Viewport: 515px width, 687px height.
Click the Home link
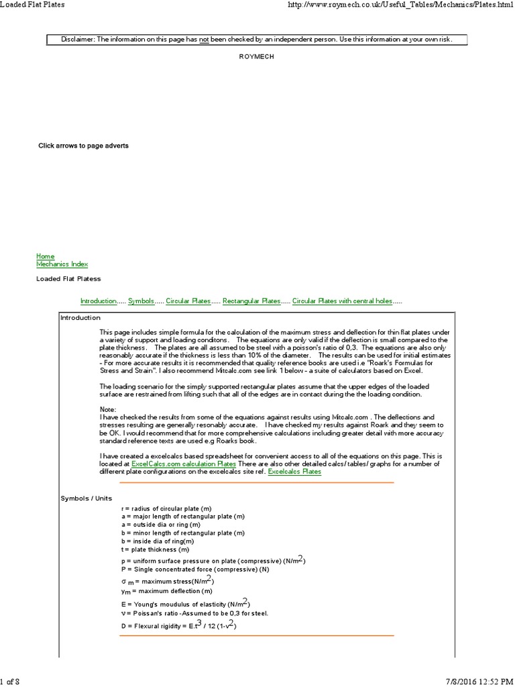(45, 256)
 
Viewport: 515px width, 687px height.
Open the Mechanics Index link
(62, 264)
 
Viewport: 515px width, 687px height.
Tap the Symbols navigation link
(141, 301)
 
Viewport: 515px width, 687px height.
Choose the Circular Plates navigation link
(188, 301)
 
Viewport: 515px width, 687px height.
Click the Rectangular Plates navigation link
(251, 301)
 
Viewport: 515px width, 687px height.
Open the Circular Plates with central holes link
(342, 301)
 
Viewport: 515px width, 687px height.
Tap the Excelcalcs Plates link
(294, 472)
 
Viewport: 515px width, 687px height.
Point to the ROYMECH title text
(257, 57)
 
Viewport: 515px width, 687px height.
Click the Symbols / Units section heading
(87, 498)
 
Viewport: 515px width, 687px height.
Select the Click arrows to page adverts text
(83, 146)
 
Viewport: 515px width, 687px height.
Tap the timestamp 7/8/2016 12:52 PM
(477, 682)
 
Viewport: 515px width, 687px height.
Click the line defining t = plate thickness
(156, 549)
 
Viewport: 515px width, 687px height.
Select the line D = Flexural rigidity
(178, 625)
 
